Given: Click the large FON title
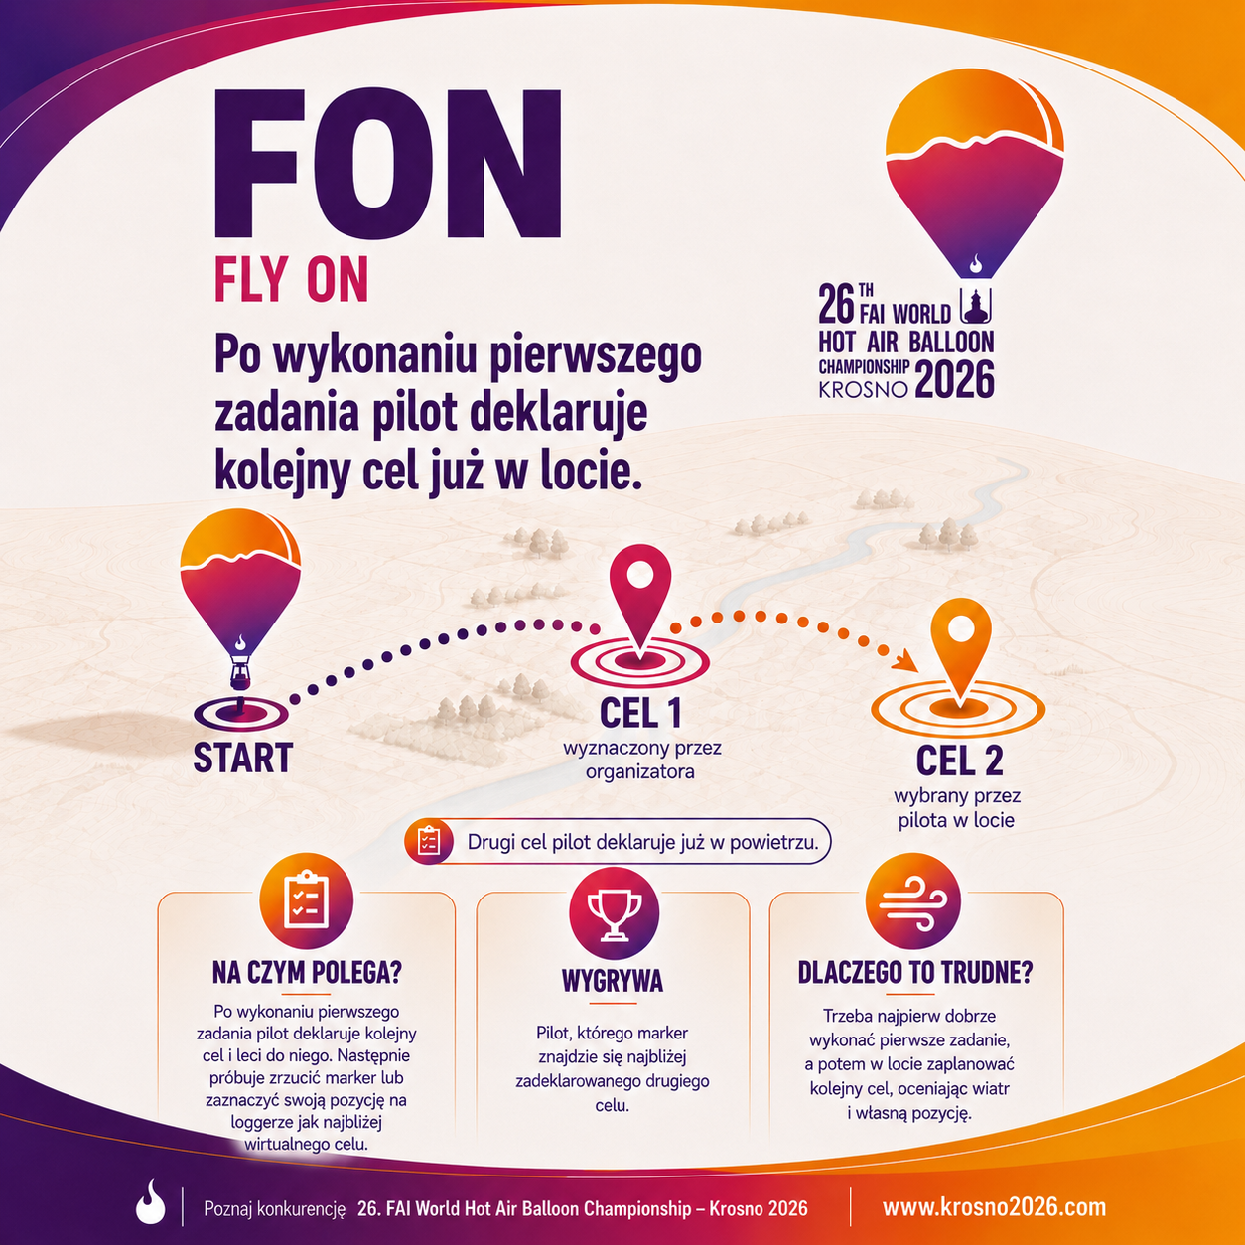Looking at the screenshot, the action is click(387, 164).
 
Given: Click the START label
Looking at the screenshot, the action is click(243, 758).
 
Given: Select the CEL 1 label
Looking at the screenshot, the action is click(640, 712).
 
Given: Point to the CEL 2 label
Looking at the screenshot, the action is click(959, 760).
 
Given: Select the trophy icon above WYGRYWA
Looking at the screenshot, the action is click(614, 913).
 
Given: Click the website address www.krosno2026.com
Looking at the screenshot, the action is click(994, 1207).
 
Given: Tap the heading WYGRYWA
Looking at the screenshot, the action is click(613, 981).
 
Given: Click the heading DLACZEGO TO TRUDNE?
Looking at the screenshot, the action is click(914, 972).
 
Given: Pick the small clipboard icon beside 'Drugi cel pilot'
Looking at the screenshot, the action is click(429, 841).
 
